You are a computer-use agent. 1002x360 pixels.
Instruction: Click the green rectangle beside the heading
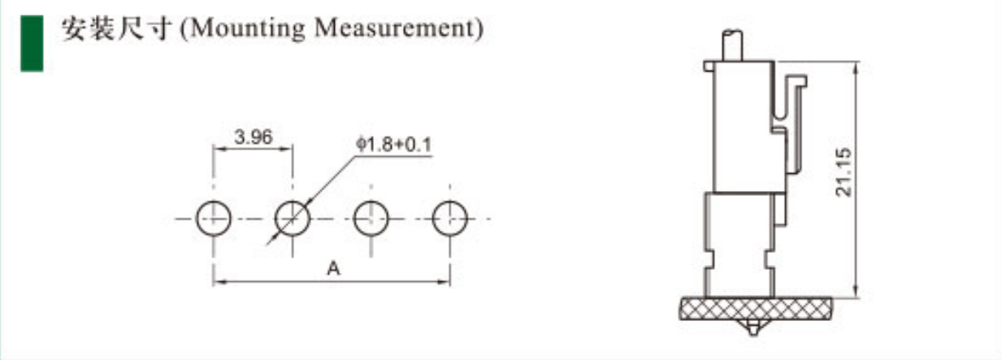(32, 43)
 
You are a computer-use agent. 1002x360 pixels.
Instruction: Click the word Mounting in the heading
(248, 29)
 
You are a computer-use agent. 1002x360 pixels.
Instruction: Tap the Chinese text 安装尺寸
(117, 28)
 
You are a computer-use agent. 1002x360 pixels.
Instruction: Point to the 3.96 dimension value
(254, 137)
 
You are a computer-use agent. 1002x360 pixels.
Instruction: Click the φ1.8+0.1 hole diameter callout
(393, 145)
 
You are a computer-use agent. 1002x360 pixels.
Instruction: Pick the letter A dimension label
(333, 268)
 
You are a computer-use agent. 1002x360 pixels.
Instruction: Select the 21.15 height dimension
(844, 172)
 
